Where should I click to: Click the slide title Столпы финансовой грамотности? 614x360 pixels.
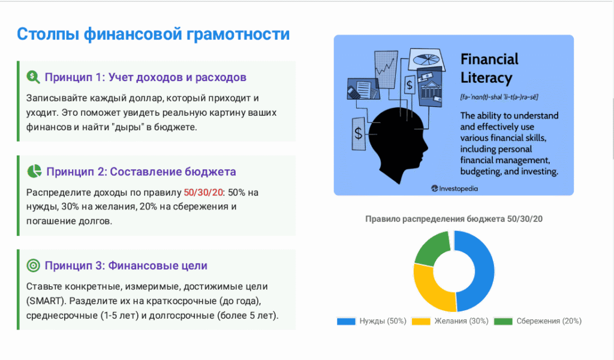153,34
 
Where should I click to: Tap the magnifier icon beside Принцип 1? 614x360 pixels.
33,77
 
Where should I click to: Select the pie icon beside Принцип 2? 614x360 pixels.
34,171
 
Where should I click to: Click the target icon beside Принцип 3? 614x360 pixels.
33,265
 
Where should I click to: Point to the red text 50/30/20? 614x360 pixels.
203,193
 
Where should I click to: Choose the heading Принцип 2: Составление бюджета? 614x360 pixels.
141,172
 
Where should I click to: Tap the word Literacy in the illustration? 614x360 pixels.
486,78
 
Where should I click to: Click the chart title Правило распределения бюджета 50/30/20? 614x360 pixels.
454,219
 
